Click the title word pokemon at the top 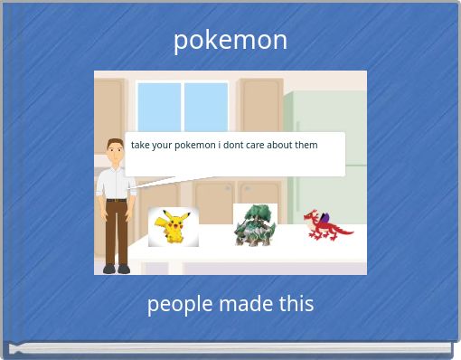pyautogui.click(x=230, y=41)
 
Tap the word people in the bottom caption pyautogui.click(x=180, y=305)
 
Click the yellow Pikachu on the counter pyautogui.click(x=173, y=226)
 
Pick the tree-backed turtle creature pyautogui.click(x=255, y=225)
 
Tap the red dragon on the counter pyautogui.click(x=327, y=225)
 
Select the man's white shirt pyautogui.click(x=116, y=183)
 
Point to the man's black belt pyautogui.click(x=117, y=200)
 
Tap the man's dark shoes pyautogui.click(x=117, y=269)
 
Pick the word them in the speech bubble pyautogui.click(x=306, y=145)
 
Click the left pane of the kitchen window pyautogui.click(x=159, y=107)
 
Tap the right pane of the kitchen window pyautogui.click(x=206, y=107)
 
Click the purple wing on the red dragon pyautogui.click(x=324, y=218)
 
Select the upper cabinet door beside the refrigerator pyautogui.click(x=261, y=106)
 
